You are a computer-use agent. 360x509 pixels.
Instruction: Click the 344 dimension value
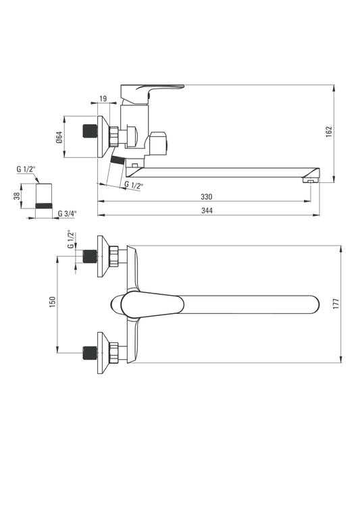(207, 211)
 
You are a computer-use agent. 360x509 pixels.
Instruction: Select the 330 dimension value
(206, 196)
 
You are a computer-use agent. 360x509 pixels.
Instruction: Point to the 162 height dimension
(329, 132)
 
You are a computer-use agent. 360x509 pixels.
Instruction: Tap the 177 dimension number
(336, 304)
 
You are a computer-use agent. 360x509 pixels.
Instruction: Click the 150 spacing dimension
(53, 302)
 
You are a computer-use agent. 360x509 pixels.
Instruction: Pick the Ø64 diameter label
(59, 137)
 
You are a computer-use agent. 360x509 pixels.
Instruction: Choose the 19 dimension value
(103, 99)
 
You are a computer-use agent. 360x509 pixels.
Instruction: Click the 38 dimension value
(17, 196)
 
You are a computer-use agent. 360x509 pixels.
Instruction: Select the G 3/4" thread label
(68, 213)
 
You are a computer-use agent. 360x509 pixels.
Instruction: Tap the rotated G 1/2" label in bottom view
(71, 240)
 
